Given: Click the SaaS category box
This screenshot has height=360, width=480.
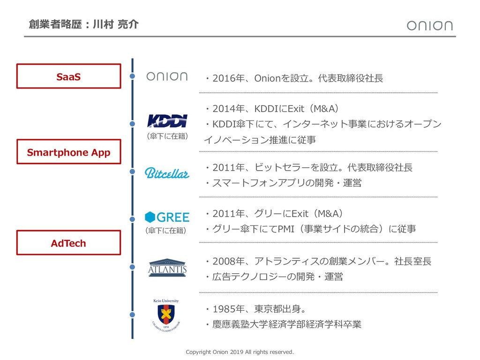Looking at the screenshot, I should pyautogui.click(x=68, y=76).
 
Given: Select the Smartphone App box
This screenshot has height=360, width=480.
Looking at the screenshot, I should pyautogui.click(x=68, y=152).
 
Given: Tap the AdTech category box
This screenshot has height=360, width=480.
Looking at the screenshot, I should pyautogui.click(x=68, y=243).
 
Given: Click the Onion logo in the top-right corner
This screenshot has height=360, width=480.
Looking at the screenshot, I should pyautogui.click(x=429, y=25).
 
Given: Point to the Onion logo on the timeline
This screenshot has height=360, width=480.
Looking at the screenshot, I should pyautogui.click(x=167, y=76).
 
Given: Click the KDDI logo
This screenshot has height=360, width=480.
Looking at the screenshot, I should pyautogui.click(x=167, y=121).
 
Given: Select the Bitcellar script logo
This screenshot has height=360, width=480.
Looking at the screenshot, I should pyautogui.click(x=167, y=172).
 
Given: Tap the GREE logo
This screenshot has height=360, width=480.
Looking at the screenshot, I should pyautogui.click(x=167, y=217).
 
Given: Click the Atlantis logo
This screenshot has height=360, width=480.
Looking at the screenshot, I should pyautogui.click(x=167, y=267).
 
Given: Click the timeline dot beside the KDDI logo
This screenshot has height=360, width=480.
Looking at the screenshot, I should pyautogui.click(x=132, y=124).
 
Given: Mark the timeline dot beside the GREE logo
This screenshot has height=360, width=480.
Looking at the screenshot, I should pyautogui.click(x=132, y=217).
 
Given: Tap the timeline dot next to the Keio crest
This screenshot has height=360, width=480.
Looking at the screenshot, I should pyautogui.click(x=132, y=315).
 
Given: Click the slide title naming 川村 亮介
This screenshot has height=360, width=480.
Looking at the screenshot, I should pyautogui.click(x=83, y=24).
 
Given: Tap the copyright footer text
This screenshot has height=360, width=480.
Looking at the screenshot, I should pyautogui.click(x=240, y=352).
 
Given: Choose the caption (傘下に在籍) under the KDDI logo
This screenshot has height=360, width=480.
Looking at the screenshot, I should pyautogui.click(x=167, y=136).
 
